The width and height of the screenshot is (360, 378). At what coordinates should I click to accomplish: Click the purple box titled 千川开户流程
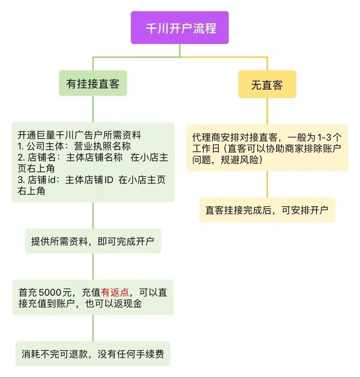click(180, 28)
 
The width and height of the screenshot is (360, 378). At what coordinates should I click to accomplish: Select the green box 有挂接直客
click(92, 83)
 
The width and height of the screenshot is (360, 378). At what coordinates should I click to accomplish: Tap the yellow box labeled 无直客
click(267, 84)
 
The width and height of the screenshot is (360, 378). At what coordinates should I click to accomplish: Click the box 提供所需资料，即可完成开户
click(93, 241)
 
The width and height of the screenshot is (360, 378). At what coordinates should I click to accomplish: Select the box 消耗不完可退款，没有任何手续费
click(93, 353)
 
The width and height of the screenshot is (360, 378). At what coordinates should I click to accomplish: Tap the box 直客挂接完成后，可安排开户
click(267, 209)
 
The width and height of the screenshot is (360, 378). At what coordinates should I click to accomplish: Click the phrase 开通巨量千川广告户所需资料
click(80, 135)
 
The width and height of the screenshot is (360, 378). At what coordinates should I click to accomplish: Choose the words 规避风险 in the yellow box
click(241, 160)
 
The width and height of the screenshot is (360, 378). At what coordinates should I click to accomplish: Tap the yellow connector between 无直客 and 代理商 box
click(267, 111)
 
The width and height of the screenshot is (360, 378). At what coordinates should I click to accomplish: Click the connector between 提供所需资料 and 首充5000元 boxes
click(93, 266)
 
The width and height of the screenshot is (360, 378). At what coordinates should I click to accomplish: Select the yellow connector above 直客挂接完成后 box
click(267, 184)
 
